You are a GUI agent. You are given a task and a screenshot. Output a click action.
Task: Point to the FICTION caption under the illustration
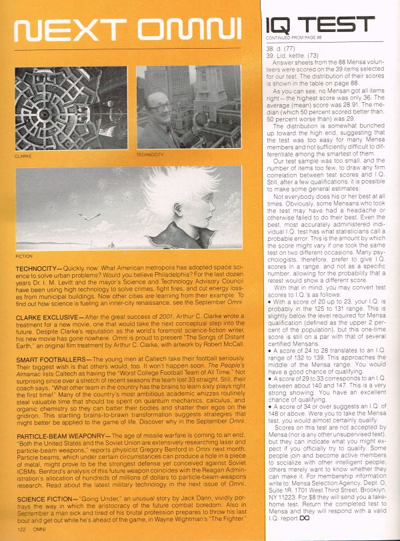click(x=23, y=255)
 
